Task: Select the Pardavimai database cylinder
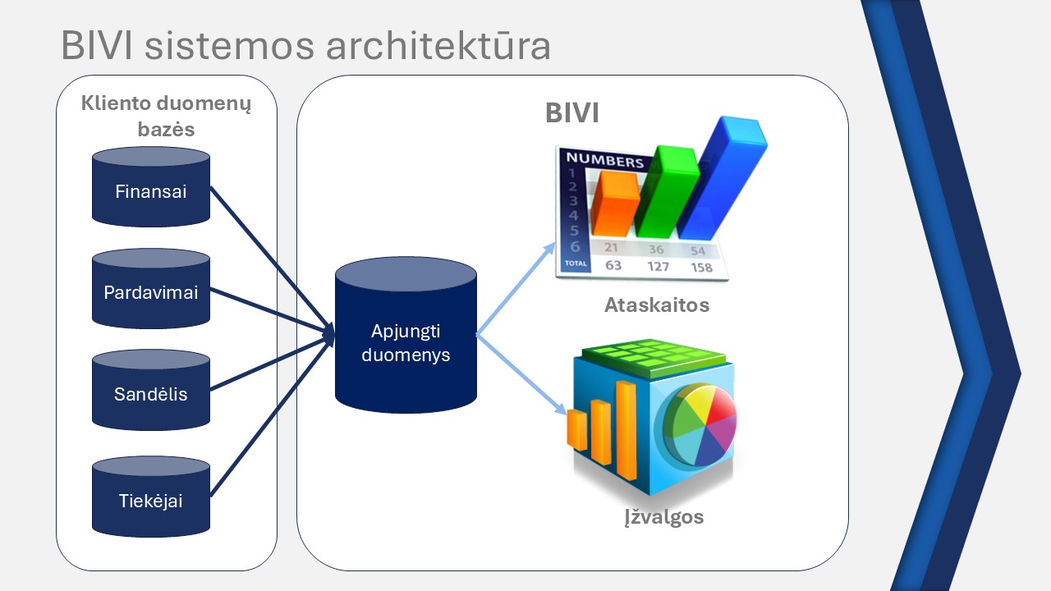[x=151, y=292]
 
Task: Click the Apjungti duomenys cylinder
[x=406, y=345]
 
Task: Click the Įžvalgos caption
[x=663, y=518]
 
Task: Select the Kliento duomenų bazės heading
[x=166, y=117]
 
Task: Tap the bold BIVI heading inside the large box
[x=572, y=113]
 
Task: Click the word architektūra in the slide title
[x=438, y=47]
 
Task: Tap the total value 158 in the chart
[x=701, y=268]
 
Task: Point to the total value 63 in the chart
[x=613, y=265]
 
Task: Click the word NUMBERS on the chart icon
[x=605, y=161]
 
